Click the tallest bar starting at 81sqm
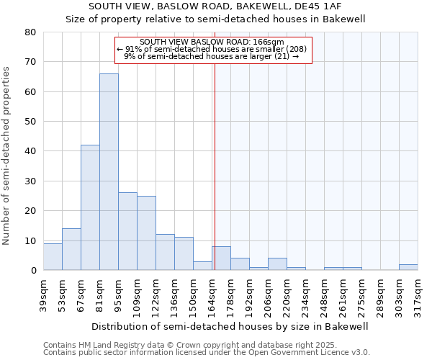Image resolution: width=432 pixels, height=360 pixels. click(109, 172)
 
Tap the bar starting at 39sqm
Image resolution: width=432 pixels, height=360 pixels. click(53, 257)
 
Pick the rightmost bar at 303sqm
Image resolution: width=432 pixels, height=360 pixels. click(408, 267)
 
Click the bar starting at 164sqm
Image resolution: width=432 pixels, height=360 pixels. click(221, 258)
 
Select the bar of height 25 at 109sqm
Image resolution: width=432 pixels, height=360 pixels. click(146, 233)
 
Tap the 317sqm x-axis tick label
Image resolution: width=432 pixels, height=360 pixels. click(418, 295)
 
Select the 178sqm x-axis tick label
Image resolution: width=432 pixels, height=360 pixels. click(231, 295)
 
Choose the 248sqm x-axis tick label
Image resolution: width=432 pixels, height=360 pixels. click(325, 295)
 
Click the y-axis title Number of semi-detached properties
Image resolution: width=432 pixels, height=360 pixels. click(7, 155)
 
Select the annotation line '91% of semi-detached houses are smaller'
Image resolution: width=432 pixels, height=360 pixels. click(212, 48)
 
